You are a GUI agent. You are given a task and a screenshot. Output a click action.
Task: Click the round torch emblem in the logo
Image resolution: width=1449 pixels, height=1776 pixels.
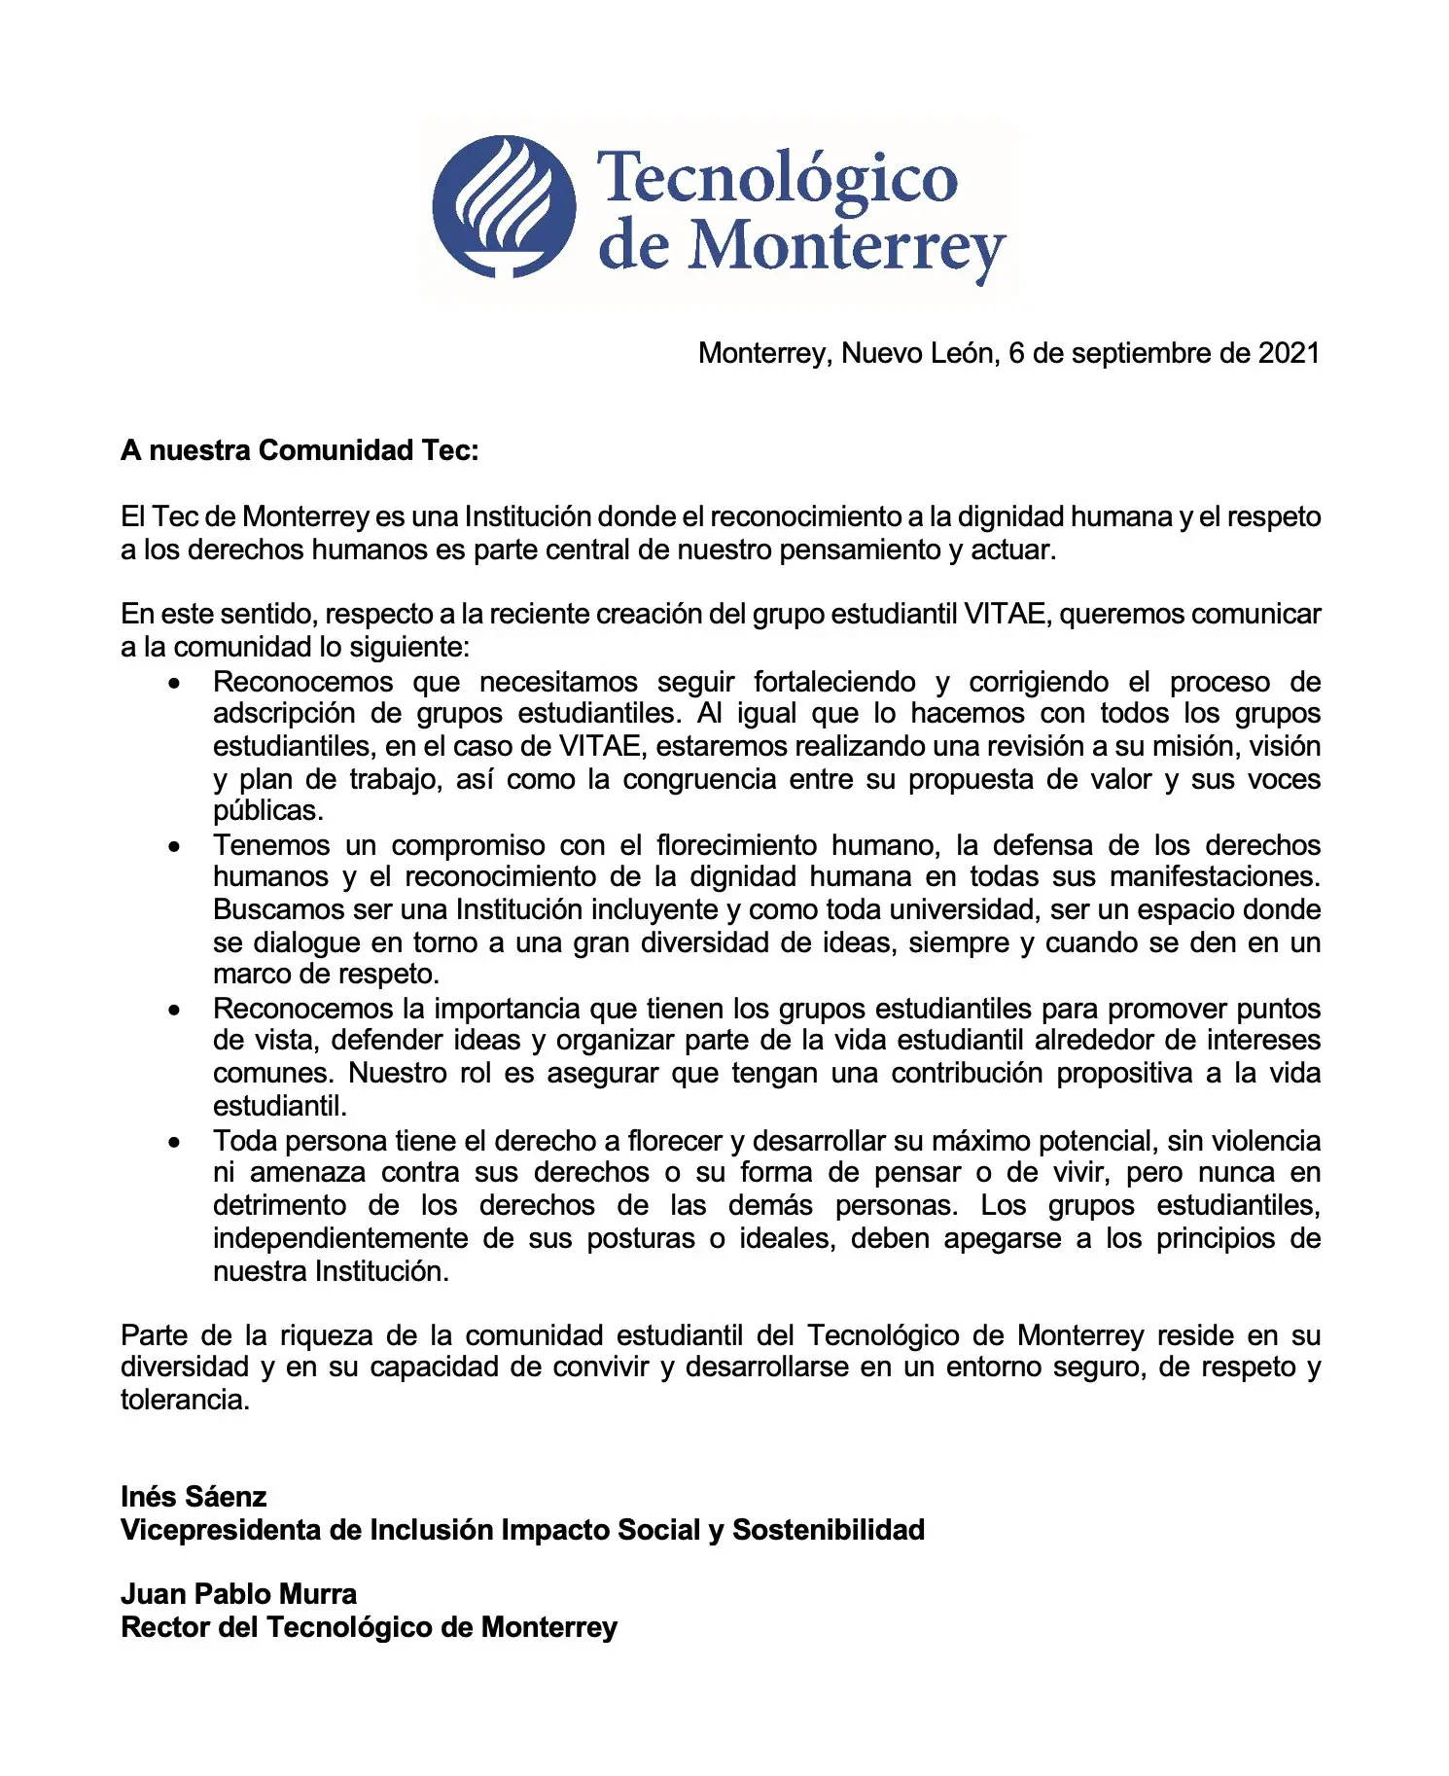tap(503, 206)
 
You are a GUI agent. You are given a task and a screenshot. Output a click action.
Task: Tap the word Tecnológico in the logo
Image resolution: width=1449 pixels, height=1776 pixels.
tap(777, 178)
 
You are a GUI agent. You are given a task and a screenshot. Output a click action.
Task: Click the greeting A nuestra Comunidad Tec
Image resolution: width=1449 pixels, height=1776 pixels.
tap(300, 450)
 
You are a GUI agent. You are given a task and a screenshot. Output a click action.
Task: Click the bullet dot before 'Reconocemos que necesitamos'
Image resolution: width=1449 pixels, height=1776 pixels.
tap(174, 684)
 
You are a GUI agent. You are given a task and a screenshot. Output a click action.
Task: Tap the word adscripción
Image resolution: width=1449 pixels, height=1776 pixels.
tap(284, 714)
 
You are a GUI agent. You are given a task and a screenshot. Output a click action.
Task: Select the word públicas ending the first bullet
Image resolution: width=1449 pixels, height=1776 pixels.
tap(267, 810)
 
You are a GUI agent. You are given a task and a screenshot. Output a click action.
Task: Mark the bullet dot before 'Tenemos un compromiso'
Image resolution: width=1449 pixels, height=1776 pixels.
tap(174, 847)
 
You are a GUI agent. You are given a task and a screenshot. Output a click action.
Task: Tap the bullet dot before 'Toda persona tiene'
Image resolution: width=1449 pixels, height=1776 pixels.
tap(174, 1143)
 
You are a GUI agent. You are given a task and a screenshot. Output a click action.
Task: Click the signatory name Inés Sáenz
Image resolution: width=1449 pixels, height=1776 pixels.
tap(194, 1497)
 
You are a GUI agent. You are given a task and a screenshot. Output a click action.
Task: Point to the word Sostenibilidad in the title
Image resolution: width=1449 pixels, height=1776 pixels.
tap(828, 1530)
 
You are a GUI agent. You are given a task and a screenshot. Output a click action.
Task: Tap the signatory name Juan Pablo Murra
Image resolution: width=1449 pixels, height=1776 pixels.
tap(238, 1594)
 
